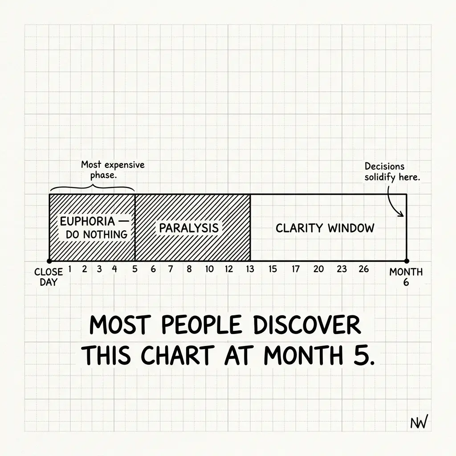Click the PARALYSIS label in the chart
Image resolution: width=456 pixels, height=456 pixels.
189,228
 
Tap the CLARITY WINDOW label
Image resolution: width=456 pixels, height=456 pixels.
325,228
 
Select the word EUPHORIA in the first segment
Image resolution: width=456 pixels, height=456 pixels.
88,222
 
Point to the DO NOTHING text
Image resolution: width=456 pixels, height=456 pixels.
97,234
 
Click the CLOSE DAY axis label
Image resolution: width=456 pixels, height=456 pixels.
48,277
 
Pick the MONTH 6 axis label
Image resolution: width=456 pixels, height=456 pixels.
406,277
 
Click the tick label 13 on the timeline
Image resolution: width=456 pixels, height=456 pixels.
250,269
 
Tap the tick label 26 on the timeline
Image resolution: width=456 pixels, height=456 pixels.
363,269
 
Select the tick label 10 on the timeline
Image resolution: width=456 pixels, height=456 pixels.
209,269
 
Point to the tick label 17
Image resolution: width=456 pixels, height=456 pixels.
296,269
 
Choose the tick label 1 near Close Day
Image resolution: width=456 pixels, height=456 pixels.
70,269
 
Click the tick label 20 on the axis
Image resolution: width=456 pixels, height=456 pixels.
318,269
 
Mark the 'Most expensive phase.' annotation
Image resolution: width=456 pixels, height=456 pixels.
113,170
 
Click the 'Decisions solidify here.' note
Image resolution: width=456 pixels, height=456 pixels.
392,171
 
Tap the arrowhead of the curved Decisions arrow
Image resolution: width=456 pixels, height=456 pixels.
402,215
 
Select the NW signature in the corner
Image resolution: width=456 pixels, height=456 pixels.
419,422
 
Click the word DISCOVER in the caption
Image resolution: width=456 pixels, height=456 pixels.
307,325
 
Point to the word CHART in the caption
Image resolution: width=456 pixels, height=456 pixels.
177,355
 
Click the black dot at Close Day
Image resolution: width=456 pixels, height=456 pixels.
49,261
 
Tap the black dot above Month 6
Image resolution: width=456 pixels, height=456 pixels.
407,261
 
